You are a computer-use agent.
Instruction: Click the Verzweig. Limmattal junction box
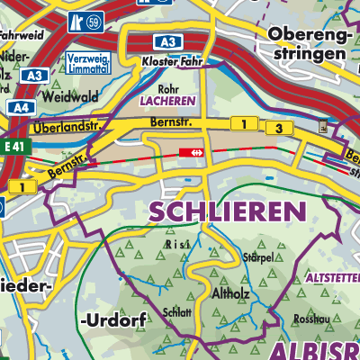click(87, 63)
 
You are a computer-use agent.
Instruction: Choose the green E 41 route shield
click(13, 145)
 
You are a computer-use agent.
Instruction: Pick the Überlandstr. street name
click(64, 130)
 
